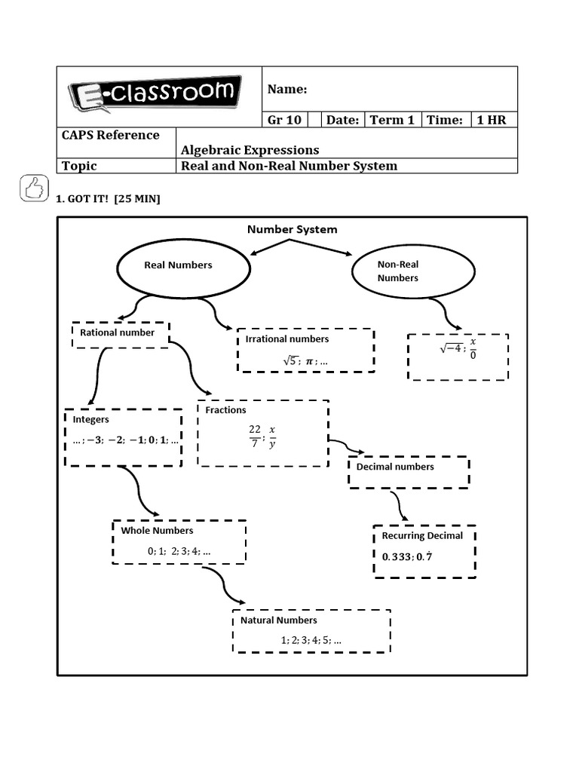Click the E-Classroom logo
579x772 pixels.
[x=155, y=95]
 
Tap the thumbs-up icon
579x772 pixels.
[x=34, y=188]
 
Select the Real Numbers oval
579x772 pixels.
[x=182, y=265]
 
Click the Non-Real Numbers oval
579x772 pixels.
[x=413, y=271]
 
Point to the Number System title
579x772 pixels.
[x=293, y=229]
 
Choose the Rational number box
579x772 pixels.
[x=121, y=334]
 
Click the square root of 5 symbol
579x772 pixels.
[x=289, y=361]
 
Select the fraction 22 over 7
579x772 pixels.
[x=255, y=435]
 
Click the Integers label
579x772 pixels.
[x=91, y=419]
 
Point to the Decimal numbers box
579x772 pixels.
[x=409, y=471]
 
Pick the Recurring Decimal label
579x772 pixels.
[x=422, y=536]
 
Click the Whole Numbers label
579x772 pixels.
[x=157, y=531]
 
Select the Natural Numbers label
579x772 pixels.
[x=279, y=620]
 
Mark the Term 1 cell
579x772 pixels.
[x=392, y=120]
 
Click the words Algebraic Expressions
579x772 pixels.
[x=250, y=150]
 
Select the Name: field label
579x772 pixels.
[x=287, y=90]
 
